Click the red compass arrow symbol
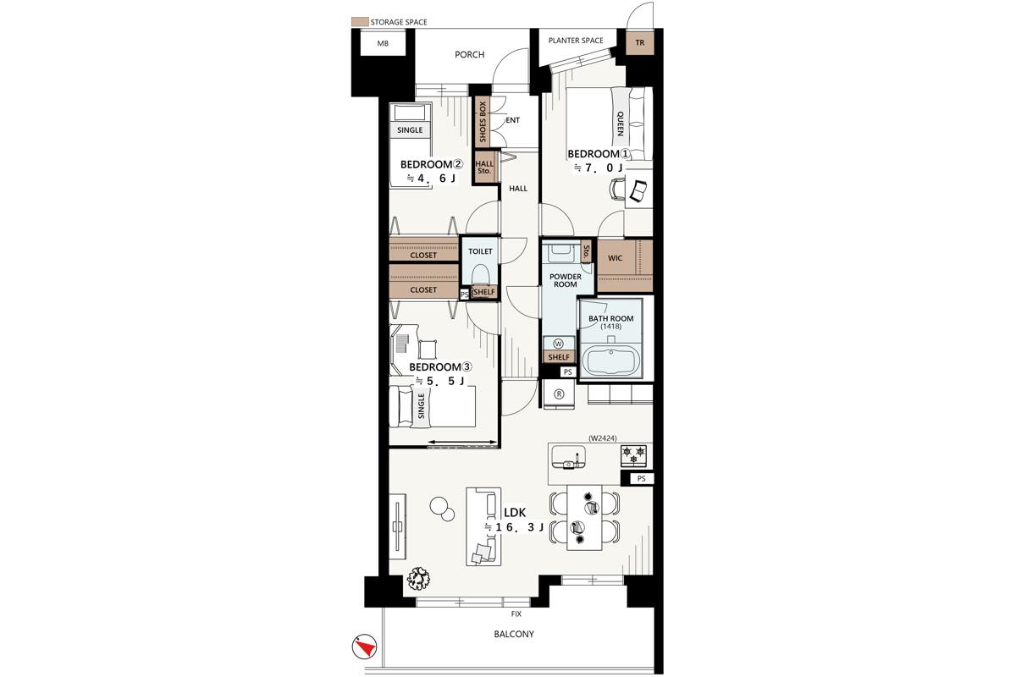[365, 647]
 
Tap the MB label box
[383, 43]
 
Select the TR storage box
[639, 42]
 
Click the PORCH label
[469, 55]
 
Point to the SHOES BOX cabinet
[483, 121]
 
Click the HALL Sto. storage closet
[484, 168]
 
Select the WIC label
[615, 258]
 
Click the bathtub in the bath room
[611, 361]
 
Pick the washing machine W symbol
[558, 344]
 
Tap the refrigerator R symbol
[559, 394]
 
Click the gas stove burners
[634, 456]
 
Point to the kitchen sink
[568, 457]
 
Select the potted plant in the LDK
[417, 579]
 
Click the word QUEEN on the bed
[620, 124]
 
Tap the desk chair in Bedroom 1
[617, 189]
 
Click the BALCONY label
[514, 634]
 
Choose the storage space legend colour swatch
[360, 22]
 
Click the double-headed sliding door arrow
[461, 442]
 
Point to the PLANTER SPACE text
[576, 41]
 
